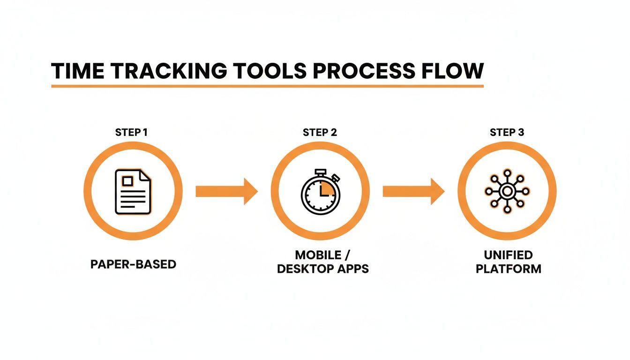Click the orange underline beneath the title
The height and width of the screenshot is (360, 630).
point(267,86)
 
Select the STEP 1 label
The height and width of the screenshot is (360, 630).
point(131,133)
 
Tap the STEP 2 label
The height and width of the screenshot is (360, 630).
point(320,133)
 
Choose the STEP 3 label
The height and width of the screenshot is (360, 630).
point(507,133)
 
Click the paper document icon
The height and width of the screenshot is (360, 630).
point(133,192)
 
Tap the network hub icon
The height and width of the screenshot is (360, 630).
point(507,191)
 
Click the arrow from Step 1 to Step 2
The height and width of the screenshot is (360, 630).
point(226,191)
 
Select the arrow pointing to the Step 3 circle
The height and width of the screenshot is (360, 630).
point(413,191)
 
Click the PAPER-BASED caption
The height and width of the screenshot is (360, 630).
point(133,264)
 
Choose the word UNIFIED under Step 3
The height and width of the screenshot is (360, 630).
point(508,255)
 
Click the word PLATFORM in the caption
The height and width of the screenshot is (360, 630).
point(508,270)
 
